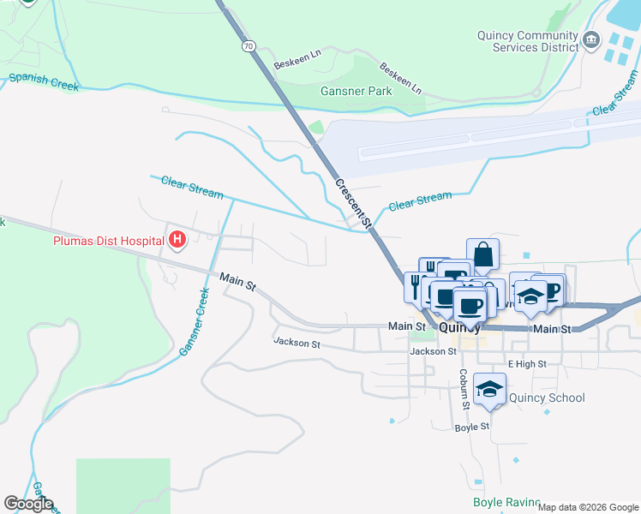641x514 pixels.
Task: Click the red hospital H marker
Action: (177, 239)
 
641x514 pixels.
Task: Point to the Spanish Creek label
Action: (44, 81)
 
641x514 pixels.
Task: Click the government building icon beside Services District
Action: (591, 40)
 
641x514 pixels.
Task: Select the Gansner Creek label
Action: (195, 322)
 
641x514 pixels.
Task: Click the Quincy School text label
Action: (547, 397)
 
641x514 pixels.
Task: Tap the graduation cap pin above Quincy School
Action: (489, 391)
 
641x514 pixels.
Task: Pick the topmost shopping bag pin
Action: (483, 255)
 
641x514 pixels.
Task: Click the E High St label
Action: (526, 364)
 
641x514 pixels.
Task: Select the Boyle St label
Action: (472, 427)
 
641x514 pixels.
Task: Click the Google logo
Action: (28, 504)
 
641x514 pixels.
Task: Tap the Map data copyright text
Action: (588, 507)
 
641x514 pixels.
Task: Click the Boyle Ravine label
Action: (506, 503)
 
